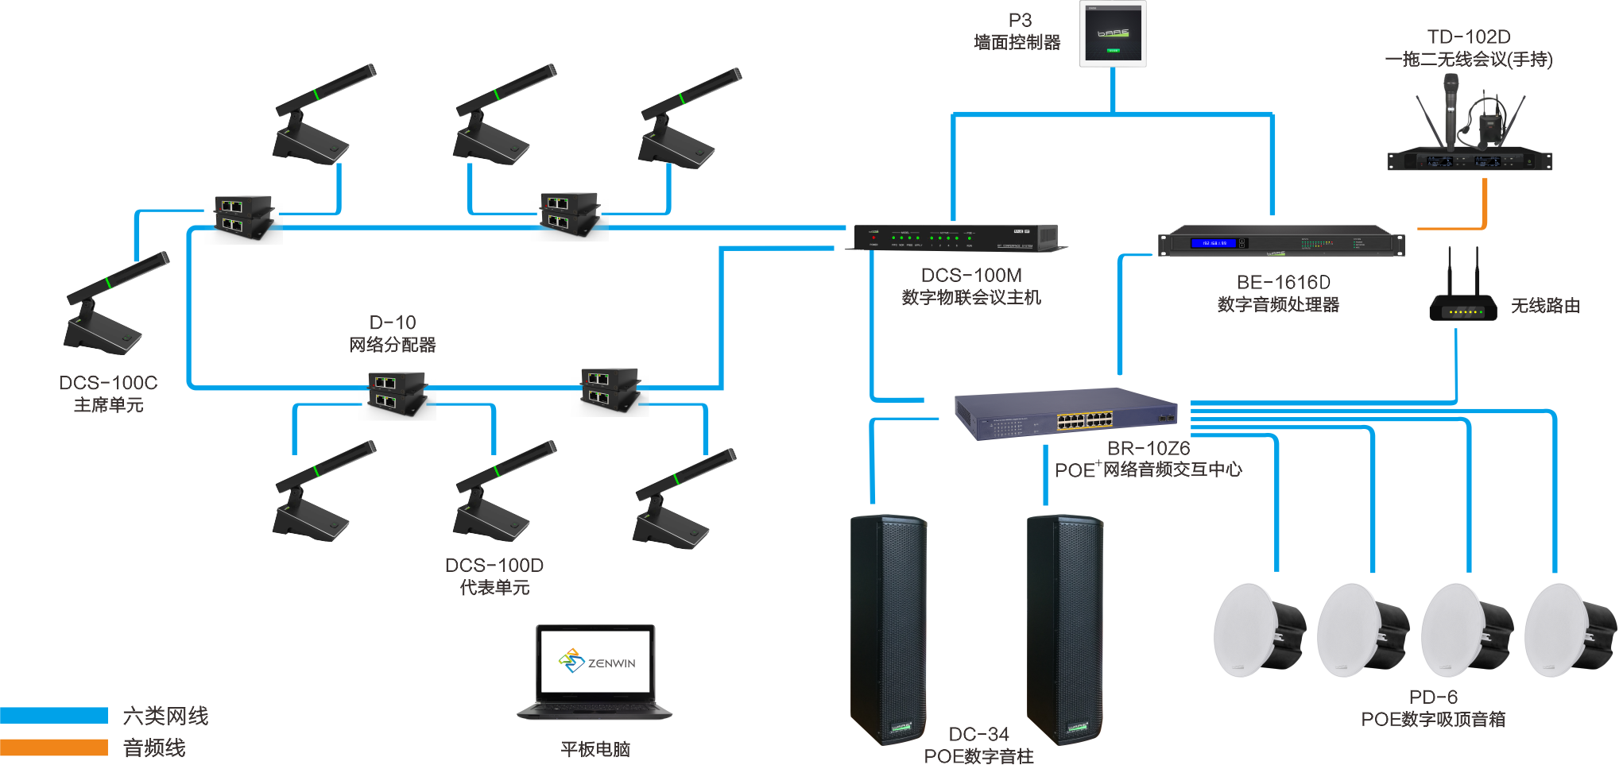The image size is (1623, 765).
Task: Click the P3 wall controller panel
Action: tap(1113, 34)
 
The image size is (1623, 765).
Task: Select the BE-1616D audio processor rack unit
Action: tap(1281, 241)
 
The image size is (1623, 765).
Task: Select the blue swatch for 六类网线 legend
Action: tap(54, 715)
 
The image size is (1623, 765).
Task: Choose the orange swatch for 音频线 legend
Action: tap(54, 748)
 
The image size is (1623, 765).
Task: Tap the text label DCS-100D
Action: tap(494, 566)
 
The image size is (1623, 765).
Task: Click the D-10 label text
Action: tap(393, 323)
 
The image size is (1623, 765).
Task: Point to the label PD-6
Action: tap(1433, 697)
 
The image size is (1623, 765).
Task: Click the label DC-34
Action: tap(978, 734)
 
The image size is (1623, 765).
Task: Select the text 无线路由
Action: tap(1544, 306)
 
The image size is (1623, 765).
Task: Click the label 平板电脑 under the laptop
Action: tap(595, 749)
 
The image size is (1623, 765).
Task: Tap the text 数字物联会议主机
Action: tap(970, 298)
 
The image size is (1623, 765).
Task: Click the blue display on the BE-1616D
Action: tap(1214, 243)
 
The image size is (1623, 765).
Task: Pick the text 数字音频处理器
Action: tap(1278, 305)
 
